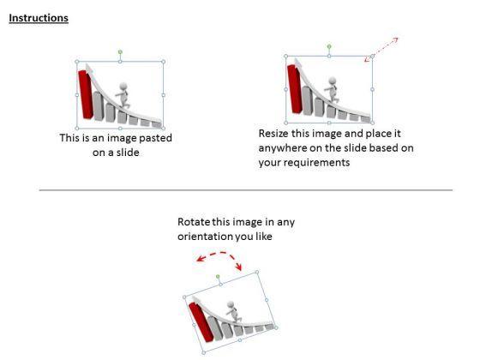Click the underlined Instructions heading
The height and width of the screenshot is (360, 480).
click(39, 18)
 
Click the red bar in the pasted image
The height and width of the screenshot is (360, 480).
click(86, 94)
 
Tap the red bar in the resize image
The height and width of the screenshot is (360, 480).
click(295, 89)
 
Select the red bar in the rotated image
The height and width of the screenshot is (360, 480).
click(201, 321)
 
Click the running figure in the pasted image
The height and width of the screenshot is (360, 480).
click(123, 95)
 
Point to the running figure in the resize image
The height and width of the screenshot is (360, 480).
click(332, 90)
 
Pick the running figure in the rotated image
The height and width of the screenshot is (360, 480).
click(232, 311)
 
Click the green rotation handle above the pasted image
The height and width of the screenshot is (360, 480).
click(120, 52)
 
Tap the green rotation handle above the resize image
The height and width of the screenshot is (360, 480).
click(329, 46)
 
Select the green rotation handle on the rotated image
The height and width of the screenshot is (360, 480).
click(218, 277)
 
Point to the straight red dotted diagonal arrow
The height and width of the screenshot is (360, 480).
click(381, 50)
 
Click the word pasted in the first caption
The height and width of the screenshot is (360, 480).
click(155, 138)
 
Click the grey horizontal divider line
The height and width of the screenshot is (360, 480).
click(246, 190)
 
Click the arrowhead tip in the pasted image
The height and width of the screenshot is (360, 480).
click(87, 64)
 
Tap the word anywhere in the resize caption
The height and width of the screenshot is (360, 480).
click(282, 148)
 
